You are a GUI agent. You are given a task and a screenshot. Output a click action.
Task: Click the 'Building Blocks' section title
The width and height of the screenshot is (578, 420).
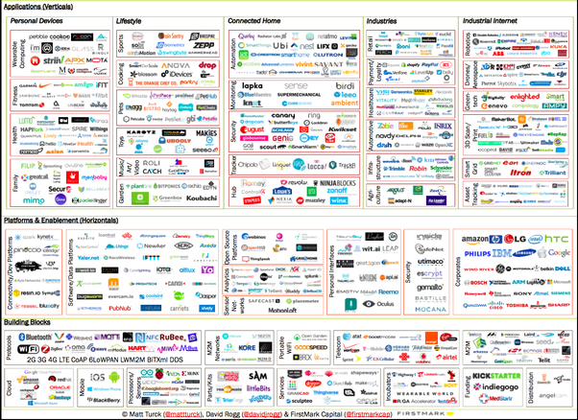click(x=30, y=321)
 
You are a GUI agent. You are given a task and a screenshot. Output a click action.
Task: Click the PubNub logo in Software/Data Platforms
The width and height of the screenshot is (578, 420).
click(x=120, y=308)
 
